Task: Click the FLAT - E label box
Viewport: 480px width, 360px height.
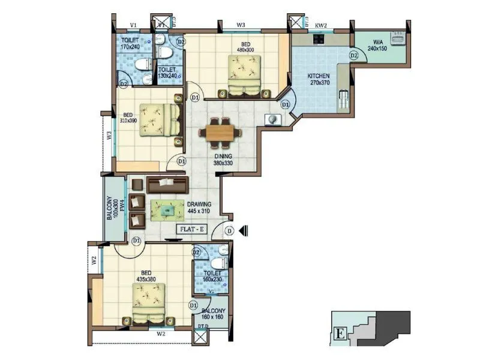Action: click(x=192, y=229)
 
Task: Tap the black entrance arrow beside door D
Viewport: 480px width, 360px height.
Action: click(x=242, y=230)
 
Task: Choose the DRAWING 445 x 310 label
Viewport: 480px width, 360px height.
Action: click(x=199, y=208)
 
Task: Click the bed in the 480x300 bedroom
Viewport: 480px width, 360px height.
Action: click(x=244, y=75)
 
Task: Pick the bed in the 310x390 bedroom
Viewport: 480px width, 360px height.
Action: click(x=158, y=123)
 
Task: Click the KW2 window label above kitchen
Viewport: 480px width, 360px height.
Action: click(x=321, y=26)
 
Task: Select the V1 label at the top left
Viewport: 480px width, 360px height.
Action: click(x=134, y=25)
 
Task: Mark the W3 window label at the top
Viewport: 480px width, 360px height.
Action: click(x=241, y=25)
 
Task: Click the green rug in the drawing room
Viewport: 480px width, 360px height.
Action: click(x=168, y=209)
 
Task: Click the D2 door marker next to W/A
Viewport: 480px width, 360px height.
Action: click(x=353, y=56)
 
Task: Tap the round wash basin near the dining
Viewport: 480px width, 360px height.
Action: click(x=274, y=119)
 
